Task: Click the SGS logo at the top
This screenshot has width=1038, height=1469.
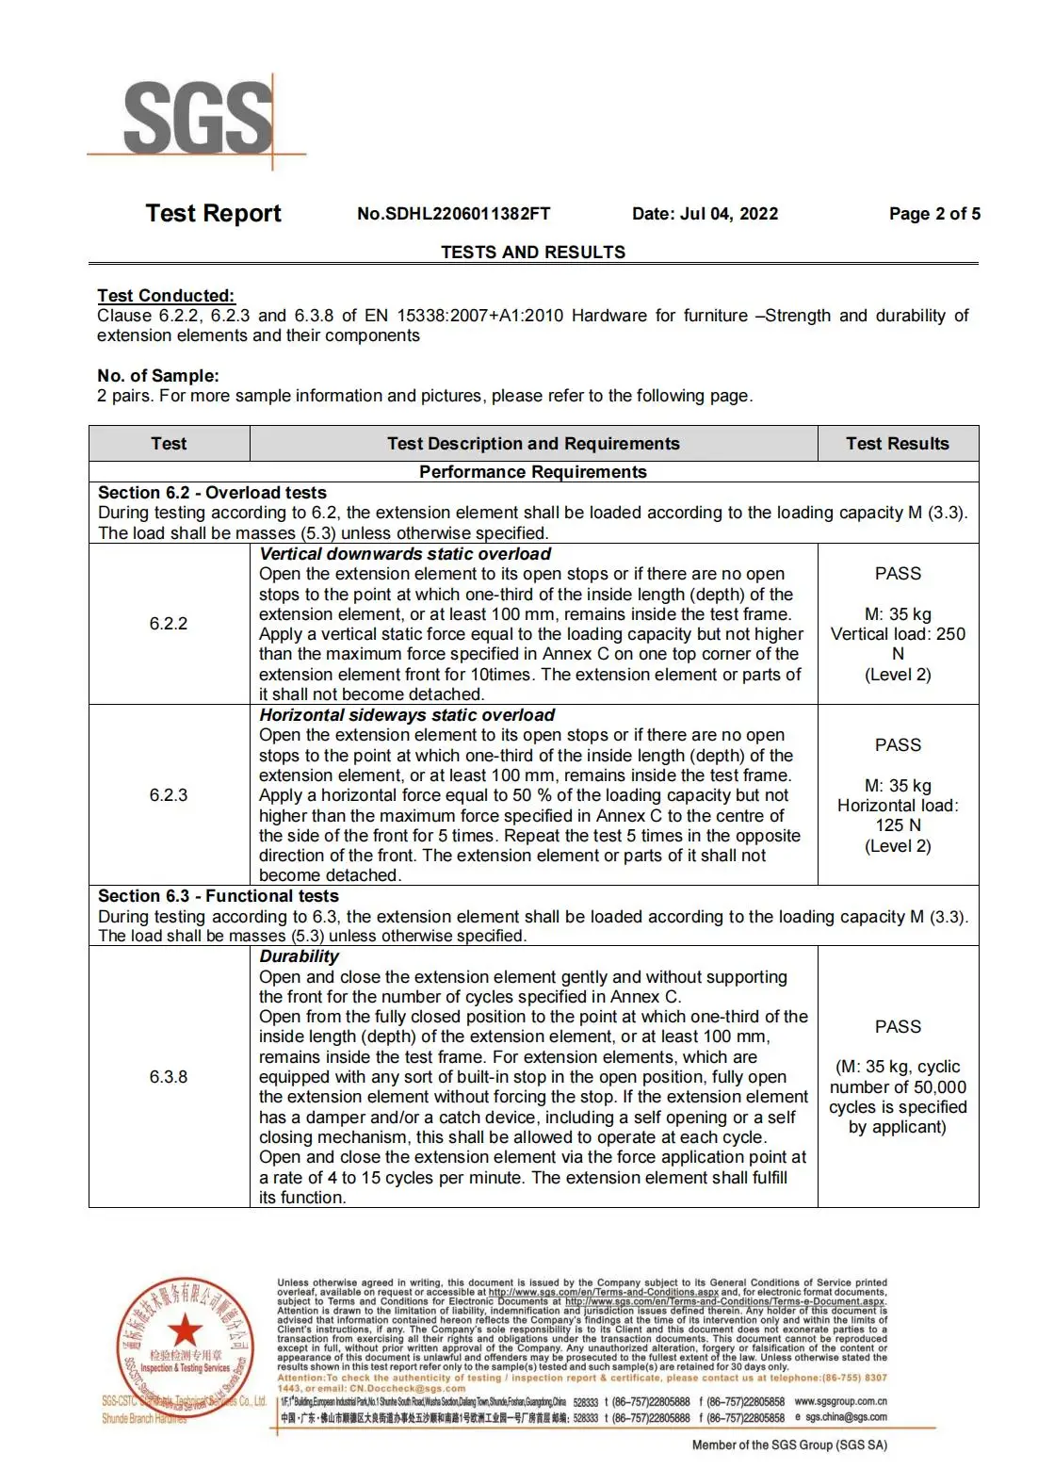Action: coord(197,119)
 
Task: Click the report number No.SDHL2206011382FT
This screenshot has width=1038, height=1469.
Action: coord(453,214)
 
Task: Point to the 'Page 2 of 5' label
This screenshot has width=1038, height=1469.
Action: coord(934,214)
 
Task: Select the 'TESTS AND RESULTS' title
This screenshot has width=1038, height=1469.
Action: coord(533,253)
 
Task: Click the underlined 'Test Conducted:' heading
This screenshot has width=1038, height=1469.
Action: coord(166,296)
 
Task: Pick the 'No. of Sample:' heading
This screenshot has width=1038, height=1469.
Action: coord(158,376)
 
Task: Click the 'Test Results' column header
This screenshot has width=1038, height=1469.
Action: coord(897,444)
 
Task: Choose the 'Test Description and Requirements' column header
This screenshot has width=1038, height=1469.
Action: coord(533,444)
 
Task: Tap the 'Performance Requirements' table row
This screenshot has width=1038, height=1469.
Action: coord(533,472)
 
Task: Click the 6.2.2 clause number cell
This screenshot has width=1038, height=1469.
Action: coord(169,624)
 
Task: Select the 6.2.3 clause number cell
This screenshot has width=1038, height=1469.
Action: coord(169,795)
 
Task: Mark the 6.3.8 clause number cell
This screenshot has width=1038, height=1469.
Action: coord(169,1077)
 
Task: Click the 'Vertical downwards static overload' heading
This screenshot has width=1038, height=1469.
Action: coord(405,554)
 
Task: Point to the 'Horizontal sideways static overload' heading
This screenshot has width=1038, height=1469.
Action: coord(407,715)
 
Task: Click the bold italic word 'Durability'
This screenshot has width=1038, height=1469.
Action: coord(299,956)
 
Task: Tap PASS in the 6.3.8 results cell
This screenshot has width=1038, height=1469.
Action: coord(898,1027)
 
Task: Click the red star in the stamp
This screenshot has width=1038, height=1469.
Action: coord(186,1331)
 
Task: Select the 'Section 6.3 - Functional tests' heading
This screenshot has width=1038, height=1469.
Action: coord(219,896)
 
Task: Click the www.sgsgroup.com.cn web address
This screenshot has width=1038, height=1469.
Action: coord(840,1402)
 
